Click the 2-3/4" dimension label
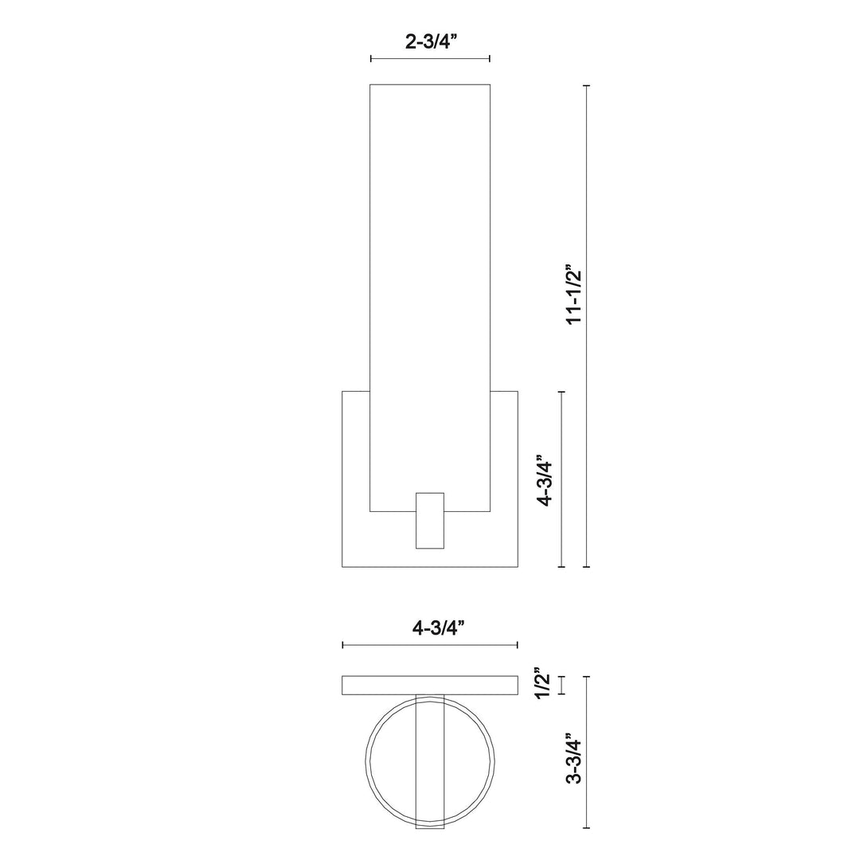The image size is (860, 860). tap(429, 42)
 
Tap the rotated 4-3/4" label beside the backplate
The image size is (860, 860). tap(545, 480)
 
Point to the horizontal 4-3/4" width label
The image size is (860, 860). tap(429, 627)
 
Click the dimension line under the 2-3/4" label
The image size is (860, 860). tap(430, 58)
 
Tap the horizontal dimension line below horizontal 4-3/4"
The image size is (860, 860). tap(430, 644)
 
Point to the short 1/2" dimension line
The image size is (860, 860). tap(562, 685)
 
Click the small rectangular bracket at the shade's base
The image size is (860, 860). tap(430, 520)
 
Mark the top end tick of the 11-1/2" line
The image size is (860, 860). tap(587, 85)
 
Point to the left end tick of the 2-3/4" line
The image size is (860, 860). tap(371, 58)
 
